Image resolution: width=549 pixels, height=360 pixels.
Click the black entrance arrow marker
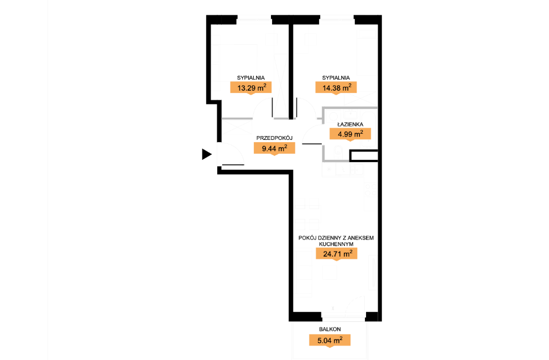tap(207, 154)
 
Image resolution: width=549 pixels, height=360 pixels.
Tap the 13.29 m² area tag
tap(250, 87)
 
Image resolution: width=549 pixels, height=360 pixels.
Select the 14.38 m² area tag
tap(336, 87)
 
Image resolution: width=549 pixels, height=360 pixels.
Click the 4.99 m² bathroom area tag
tap(350, 134)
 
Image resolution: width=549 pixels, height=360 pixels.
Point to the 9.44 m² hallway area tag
tap(274, 148)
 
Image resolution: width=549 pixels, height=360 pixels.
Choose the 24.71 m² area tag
tap(337, 253)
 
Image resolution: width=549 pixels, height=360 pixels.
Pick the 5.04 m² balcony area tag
tap(330, 340)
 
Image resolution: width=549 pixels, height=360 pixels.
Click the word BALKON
tap(330, 329)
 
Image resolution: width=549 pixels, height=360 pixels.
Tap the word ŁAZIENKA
tap(350, 124)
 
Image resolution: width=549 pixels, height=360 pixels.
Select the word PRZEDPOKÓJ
tap(274, 138)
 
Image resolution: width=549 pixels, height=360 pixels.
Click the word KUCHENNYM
tap(336, 244)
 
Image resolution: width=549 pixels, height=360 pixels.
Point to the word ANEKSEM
tap(360, 238)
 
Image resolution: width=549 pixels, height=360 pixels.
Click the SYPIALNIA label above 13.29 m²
tap(250, 78)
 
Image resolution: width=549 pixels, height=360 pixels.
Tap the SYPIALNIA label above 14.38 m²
tap(336, 78)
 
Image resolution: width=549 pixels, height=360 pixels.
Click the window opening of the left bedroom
tap(254, 19)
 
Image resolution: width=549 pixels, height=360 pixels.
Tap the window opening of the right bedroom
tap(337, 19)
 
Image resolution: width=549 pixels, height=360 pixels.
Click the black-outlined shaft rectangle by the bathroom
tap(364, 156)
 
